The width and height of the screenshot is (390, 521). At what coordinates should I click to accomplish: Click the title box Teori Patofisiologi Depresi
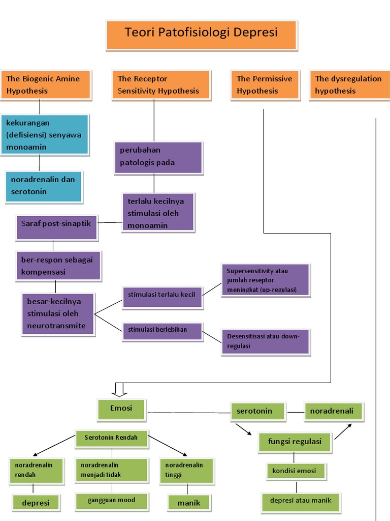point(201,35)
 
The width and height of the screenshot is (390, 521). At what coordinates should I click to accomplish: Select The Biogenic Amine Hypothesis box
point(46,84)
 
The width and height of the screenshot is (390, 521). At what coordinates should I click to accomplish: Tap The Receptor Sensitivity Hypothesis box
point(160,84)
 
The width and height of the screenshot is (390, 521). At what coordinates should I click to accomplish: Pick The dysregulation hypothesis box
point(349,84)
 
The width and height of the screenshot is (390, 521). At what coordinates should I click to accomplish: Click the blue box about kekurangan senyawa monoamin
point(45,135)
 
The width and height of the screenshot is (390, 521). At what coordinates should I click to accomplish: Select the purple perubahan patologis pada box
point(158,157)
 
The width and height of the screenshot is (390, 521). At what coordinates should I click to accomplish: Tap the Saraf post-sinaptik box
point(56,227)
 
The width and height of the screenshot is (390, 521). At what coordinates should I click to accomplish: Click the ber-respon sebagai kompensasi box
point(58,265)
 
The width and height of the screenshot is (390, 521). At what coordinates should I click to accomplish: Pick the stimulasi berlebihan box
point(162,331)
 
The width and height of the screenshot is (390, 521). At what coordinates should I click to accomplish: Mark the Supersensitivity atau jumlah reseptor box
point(265,280)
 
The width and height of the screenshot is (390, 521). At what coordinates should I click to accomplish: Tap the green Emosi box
point(121,409)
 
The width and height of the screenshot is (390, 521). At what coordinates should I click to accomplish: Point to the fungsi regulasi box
point(295,442)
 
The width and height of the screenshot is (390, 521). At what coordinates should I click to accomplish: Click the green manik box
point(189,503)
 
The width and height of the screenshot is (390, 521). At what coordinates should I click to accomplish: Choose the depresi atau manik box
point(301,501)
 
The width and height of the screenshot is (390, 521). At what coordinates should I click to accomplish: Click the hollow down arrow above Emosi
point(120,390)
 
